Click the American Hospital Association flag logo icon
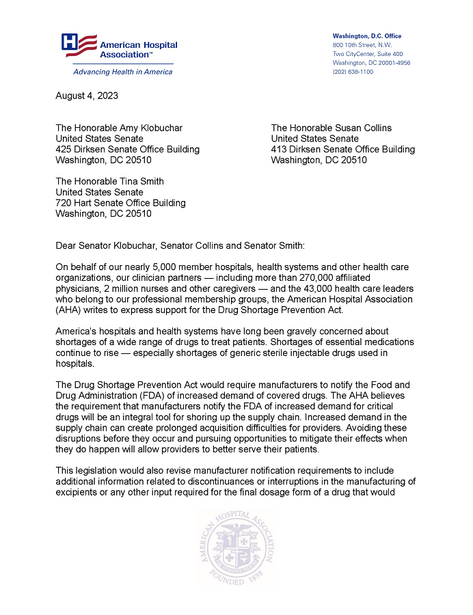[x=79, y=44]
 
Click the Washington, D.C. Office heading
[x=366, y=36]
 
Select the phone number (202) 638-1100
[x=353, y=72]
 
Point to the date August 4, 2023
[x=87, y=96]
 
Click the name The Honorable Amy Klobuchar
[x=119, y=128]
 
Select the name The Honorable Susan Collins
[x=331, y=128]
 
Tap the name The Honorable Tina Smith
[x=109, y=181]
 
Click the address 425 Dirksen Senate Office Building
[x=127, y=149]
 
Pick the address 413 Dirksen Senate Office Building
[x=342, y=149]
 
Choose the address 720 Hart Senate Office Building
[x=120, y=202]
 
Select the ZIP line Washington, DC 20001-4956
[x=371, y=63]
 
